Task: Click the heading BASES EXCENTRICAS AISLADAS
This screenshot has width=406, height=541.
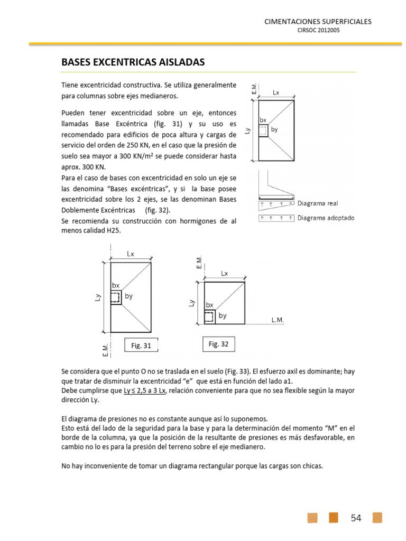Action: pyautogui.click(x=133, y=63)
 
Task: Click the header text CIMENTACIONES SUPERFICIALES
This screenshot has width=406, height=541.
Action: pyautogui.click(x=318, y=22)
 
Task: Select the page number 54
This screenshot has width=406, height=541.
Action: pyautogui.click(x=356, y=518)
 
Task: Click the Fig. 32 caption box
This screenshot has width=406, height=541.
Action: pyautogui.click(x=218, y=344)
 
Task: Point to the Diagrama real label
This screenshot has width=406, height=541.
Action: pyautogui.click(x=318, y=203)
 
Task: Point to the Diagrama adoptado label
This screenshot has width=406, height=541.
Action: pyautogui.click(x=326, y=218)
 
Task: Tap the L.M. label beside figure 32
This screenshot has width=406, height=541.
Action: pyautogui.click(x=278, y=320)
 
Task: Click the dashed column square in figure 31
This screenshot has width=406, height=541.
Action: pyautogui.click(x=116, y=298)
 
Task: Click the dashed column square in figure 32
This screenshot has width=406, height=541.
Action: pyautogui.click(x=209, y=316)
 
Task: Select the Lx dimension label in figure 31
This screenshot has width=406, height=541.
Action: pyautogui.click(x=130, y=254)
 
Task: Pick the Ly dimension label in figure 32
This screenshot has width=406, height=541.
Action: pyautogui.click(x=191, y=303)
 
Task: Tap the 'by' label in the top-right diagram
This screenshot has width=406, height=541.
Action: pyautogui.click(x=274, y=129)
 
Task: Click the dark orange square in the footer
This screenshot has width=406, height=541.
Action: pyautogui.click(x=334, y=518)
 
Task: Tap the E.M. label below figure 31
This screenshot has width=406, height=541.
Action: pyautogui.click(x=105, y=349)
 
